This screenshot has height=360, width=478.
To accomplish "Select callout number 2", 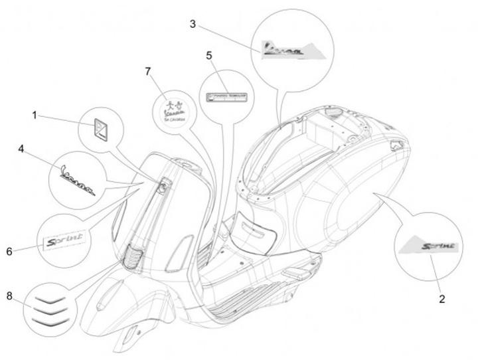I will tap(441, 298).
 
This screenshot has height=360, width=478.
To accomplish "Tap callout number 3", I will tap(193, 25).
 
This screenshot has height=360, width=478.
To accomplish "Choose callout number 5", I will tap(209, 55).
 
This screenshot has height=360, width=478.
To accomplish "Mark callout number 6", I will tap(9, 251).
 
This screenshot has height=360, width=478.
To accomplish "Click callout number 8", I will tap(9, 296).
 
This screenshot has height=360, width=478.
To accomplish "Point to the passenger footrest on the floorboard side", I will tap(295, 272).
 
